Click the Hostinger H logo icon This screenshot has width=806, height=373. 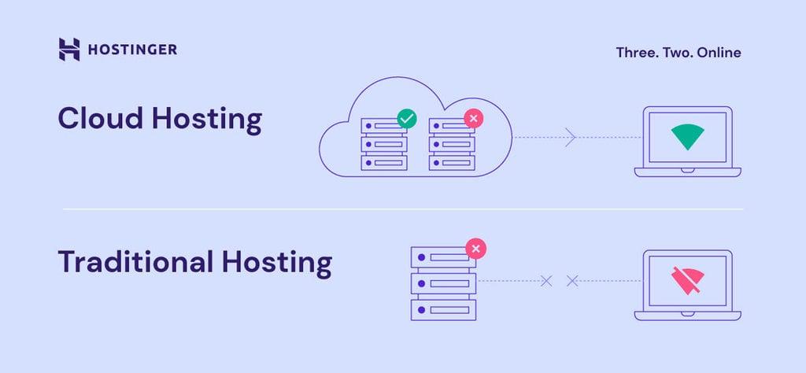coord(69,49)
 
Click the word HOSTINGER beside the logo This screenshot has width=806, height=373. coord(132,50)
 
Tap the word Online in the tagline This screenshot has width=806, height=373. coord(719,53)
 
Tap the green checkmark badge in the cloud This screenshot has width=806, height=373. coord(406,119)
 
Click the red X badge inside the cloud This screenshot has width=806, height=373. coord(473,119)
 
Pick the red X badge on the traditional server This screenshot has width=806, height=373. coord(476,249)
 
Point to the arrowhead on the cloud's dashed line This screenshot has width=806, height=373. coord(571,138)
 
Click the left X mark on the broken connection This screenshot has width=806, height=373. coord(547,280)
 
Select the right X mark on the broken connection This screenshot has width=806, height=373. coord(572,280)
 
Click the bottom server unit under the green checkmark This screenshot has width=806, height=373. coord(383,163)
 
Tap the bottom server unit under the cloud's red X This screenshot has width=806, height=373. coord(451,163)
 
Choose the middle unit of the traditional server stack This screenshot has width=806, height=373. coord(444,281)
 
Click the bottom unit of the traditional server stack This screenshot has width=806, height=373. coord(444,308)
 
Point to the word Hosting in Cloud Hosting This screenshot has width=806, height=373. coord(206,119)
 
